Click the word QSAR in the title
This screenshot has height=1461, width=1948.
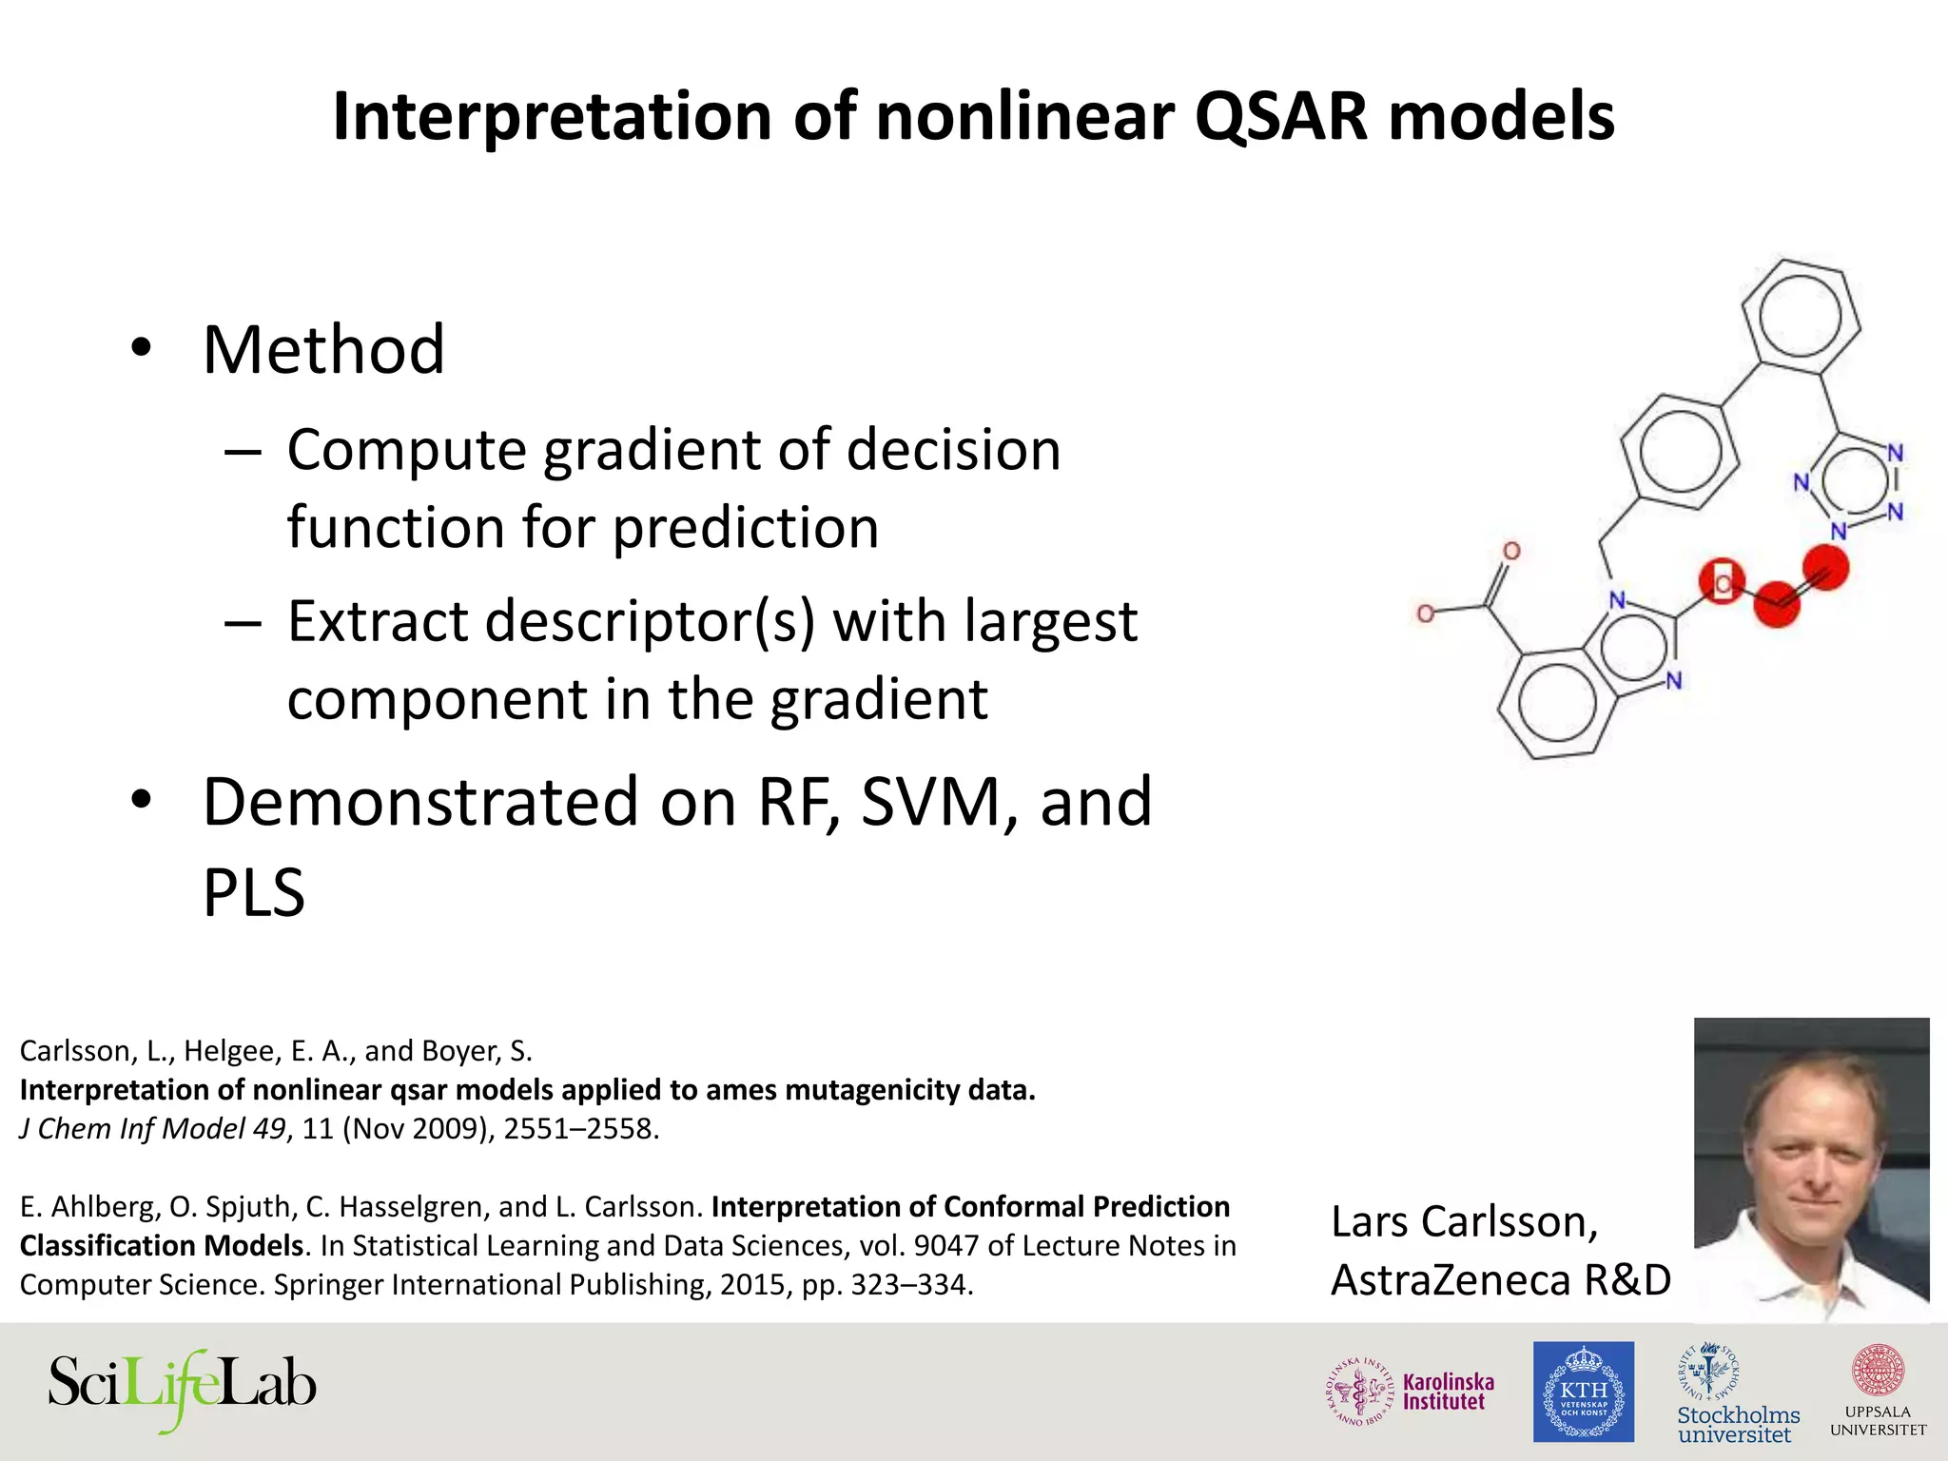coord(1280,118)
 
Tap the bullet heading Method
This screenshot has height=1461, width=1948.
coord(323,350)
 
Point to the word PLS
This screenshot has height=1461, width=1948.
coord(254,892)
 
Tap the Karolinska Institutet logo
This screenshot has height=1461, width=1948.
coord(1411,1392)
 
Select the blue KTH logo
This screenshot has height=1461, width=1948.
coord(1583,1392)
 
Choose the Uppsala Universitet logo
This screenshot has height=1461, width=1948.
coord(1878,1391)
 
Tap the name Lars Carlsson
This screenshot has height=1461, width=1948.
coord(1464,1222)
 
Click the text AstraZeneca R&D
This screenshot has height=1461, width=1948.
coord(1500,1280)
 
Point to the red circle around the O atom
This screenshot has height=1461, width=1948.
coord(1722,582)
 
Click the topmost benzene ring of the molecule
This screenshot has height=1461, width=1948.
coord(1801,319)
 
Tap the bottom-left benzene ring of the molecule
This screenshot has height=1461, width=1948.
coord(1556,704)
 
